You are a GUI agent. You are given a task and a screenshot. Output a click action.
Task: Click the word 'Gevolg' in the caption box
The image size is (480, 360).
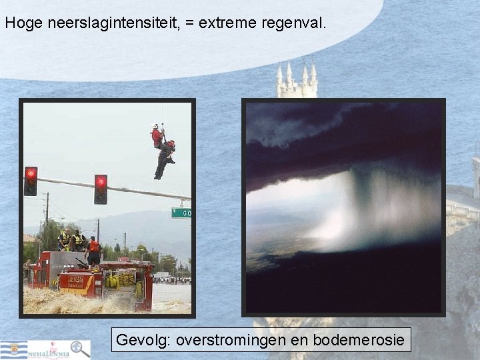pyautogui.click(x=142, y=340)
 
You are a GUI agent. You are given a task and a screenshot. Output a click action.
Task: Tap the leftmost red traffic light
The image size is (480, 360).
pyautogui.click(x=31, y=181)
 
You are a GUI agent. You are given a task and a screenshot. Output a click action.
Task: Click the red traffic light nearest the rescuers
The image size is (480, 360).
pyautogui.click(x=101, y=189)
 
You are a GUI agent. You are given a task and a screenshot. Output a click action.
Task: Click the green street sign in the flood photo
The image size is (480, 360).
pyautogui.click(x=181, y=213)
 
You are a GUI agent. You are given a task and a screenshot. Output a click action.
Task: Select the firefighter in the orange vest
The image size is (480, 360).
pyautogui.click(x=94, y=250)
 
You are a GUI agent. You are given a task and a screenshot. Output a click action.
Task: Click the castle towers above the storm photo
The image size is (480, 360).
pyautogui.click(x=297, y=80)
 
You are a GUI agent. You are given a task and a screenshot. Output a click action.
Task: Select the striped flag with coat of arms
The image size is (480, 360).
pyautogui.click(x=13, y=350)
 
